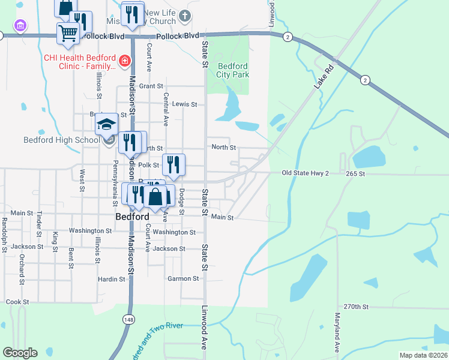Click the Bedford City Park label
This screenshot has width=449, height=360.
pyautogui.click(x=233, y=70)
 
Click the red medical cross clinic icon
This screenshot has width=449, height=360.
pyautogui.click(x=125, y=60)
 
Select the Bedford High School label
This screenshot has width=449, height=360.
pyautogui.click(x=61, y=140)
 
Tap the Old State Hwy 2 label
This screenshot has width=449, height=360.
pyautogui.click(x=306, y=173)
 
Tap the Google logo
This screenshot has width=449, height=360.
pyautogui.click(x=20, y=352)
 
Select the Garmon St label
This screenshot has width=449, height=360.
pyautogui.click(x=183, y=278)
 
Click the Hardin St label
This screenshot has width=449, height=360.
pyautogui.click(x=112, y=279)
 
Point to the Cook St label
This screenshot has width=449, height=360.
pyautogui.click(x=17, y=302)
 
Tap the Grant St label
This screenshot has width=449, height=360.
pyautogui.click(x=151, y=86)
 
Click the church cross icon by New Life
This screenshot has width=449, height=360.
pyautogui.click(x=185, y=16)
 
